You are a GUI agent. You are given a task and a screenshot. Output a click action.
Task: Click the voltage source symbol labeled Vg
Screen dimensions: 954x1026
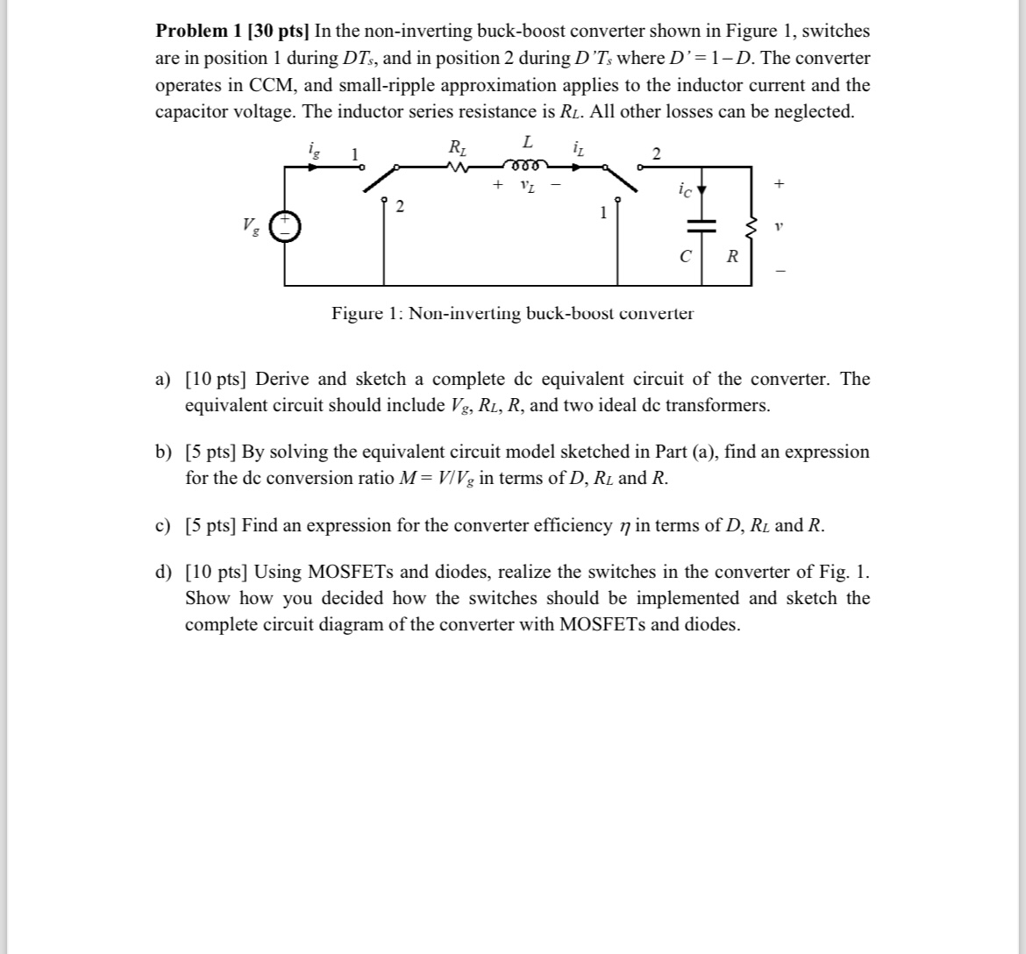(x=284, y=227)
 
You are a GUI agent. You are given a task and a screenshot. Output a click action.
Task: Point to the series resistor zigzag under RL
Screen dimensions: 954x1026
(x=457, y=166)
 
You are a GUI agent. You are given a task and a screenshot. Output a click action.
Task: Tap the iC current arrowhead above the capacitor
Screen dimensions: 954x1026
(x=701, y=190)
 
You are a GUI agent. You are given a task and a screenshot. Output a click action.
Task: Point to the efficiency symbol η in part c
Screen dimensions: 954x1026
(x=624, y=526)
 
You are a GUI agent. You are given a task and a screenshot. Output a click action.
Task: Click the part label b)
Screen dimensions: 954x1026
(x=164, y=452)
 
